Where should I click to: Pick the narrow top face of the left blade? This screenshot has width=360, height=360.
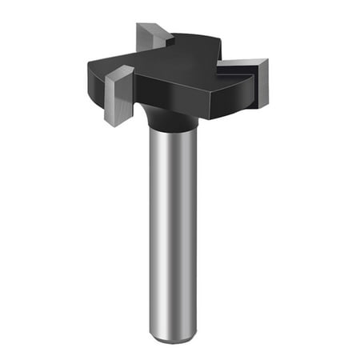pos(120,70)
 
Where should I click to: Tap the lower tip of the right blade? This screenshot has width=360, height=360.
pos(262,104)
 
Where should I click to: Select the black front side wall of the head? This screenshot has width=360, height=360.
pos(172,95)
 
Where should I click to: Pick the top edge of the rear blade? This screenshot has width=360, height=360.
pos(152,26)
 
